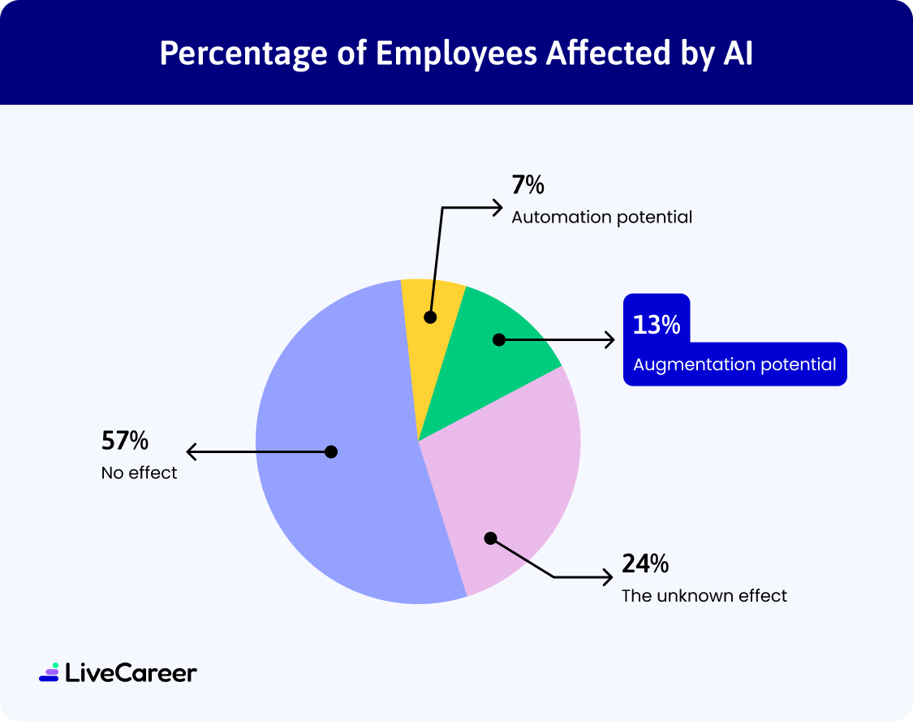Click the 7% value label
coord(528,186)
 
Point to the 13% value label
coord(657,325)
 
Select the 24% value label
coord(645,563)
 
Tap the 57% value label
coord(125,441)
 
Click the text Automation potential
coord(601,218)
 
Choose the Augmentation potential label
coord(734,365)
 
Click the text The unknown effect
coord(704,596)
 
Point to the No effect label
coord(139,473)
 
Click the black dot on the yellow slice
coord(430,317)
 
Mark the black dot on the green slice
coord(499,340)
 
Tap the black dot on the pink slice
coord(489,538)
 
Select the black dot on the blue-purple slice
coord(331,451)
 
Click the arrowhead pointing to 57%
coord(192,451)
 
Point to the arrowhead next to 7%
coord(498,208)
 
